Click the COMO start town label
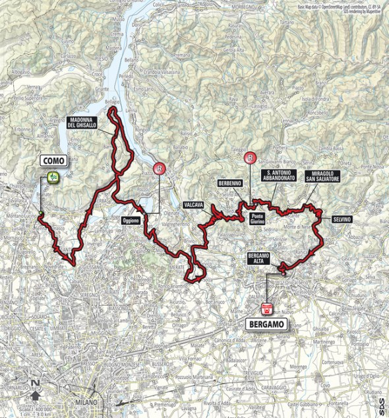(52, 160)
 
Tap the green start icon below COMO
(52, 176)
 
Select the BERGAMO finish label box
(267, 324)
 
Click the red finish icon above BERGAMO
(267, 308)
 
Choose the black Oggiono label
(131, 221)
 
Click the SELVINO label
(342, 219)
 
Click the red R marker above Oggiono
(160, 169)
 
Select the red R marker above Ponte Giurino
(250, 158)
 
